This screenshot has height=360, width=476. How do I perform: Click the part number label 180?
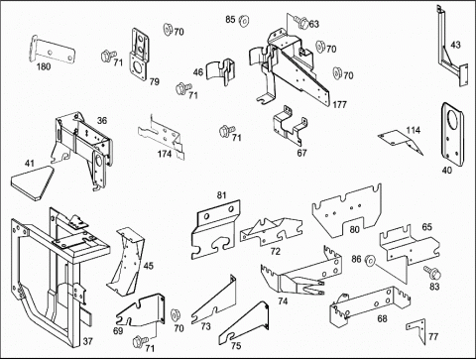pos(44,66)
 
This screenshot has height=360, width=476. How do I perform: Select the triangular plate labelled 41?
pos(32,182)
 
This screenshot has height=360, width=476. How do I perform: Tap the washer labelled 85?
pos(244,21)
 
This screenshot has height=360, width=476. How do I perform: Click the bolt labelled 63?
pos(301,22)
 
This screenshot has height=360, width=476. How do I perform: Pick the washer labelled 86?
pos(370,261)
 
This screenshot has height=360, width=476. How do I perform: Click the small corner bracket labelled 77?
pos(416,330)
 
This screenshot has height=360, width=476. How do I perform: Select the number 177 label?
pos(339,105)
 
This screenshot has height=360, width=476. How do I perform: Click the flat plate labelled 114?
pos(400,142)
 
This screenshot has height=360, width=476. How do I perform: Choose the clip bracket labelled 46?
pos(221,71)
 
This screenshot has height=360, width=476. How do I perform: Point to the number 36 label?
pos(102,120)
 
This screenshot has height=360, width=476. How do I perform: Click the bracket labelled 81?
pos(214,230)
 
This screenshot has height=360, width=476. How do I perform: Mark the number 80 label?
pos(354,229)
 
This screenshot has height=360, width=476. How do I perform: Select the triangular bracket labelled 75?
pos(245,324)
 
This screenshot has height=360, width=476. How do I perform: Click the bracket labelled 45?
pos(126,261)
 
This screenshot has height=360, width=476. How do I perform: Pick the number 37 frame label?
pos(87,341)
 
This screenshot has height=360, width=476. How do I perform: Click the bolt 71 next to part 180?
pos(108,56)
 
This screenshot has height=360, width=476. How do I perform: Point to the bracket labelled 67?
pos(290,126)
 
